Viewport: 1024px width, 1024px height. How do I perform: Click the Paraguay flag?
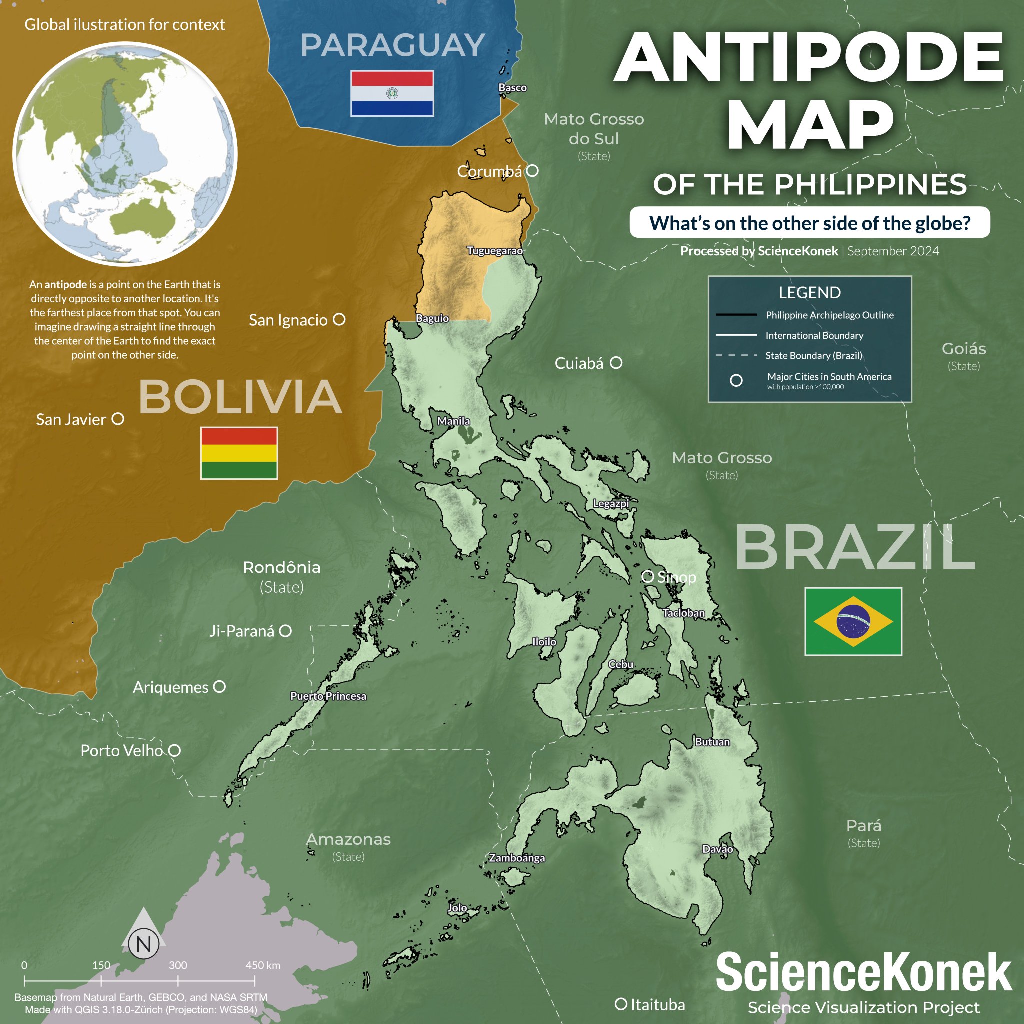click(392, 93)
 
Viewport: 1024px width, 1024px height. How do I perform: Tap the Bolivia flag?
click(239, 453)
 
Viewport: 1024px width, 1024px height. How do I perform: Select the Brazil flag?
click(853, 621)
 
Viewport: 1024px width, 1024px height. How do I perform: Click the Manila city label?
click(453, 421)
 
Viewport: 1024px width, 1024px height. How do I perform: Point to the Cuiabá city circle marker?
click(616, 363)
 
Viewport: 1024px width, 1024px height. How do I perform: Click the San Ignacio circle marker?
click(339, 319)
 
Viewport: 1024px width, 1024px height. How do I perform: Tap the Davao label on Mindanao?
click(717, 849)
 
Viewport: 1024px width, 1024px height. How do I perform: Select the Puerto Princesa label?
click(328, 696)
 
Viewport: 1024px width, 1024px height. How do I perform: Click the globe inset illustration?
click(125, 154)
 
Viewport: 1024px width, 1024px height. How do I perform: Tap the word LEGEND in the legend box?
click(809, 292)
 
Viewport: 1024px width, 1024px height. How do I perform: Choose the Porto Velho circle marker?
click(175, 750)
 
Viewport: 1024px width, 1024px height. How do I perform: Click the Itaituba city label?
click(658, 1005)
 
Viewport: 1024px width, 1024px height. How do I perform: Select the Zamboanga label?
click(517, 858)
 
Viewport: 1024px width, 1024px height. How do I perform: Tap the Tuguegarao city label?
click(494, 250)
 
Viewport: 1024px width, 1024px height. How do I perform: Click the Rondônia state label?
click(281, 567)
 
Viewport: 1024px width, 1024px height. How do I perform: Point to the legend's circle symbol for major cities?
click(736, 380)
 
